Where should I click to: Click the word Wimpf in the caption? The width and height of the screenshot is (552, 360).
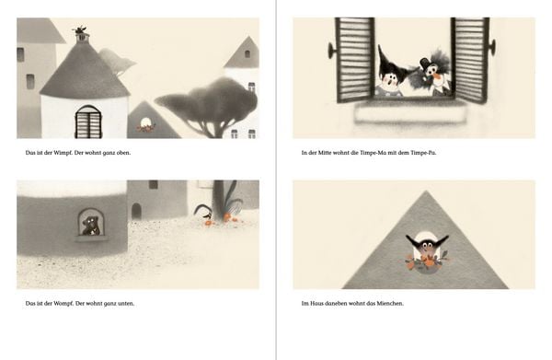pyautogui.click(x=63, y=153)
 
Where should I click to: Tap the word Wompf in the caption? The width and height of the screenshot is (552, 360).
pyautogui.click(x=63, y=303)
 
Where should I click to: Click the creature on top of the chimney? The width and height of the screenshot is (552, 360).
pyautogui.click(x=81, y=29)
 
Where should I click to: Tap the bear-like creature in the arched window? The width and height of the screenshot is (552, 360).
pyautogui.click(x=91, y=226)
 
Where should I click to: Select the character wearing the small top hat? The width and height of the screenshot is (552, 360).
pyautogui.click(x=433, y=75)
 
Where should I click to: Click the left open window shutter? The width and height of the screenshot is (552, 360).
pyautogui.click(x=354, y=59)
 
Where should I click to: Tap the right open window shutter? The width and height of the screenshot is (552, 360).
pyautogui.click(x=470, y=59)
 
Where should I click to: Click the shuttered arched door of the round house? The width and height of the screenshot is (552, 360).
pyautogui.click(x=88, y=122)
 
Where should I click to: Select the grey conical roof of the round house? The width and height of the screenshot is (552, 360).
pyautogui.click(x=84, y=71)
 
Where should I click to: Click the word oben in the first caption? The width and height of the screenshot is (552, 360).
pyautogui.click(x=122, y=153)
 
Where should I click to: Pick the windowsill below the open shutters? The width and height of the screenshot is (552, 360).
pyautogui.click(x=411, y=112)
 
